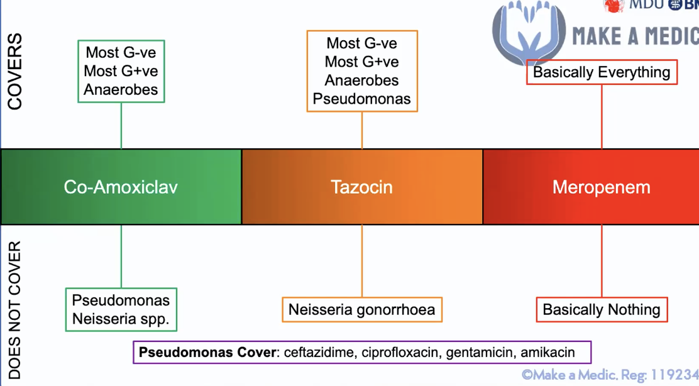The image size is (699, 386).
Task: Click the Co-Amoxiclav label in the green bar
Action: [x=121, y=187]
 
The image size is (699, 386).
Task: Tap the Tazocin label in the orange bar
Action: [x=361, y=187]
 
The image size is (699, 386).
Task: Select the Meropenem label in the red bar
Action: [x=601, y=187]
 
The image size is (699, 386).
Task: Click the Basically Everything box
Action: [x=602, y=72]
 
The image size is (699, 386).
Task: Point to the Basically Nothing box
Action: [x=602, y=309]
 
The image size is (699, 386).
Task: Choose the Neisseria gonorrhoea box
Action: [x=361, y=309]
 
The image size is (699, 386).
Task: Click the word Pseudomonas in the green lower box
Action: [x=121, y=300]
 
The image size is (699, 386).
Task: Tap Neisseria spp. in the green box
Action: [x=121, y=319]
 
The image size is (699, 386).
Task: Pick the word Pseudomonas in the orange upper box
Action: [x=362, y=99]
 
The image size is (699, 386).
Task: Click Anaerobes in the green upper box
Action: [x=121, y=89]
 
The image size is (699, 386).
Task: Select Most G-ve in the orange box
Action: [x=362, y=43]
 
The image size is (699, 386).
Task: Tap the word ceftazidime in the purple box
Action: [x=319, y=352]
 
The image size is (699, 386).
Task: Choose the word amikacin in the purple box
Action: [x=548, y=352]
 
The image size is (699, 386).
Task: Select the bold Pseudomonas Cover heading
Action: [x=207, y=352]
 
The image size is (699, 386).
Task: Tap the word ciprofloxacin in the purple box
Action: [x=400, y=352]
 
